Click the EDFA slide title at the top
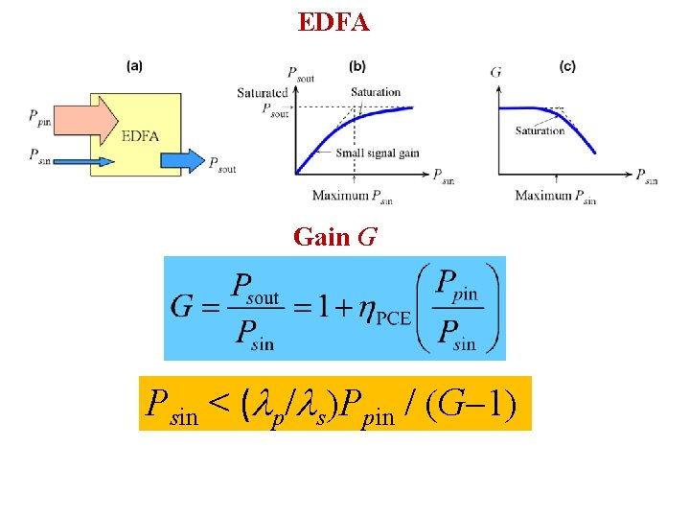click(333, 21)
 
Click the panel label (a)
click(135, 66)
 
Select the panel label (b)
click(356, 66)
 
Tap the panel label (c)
click(567, 66)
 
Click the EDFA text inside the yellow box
click(140, 136)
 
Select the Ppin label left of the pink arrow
click(41, 118)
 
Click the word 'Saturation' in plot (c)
click(540, 130)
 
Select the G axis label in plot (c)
click(495, 72)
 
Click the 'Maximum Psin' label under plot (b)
click(352, 197)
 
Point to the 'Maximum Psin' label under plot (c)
click(555, 197)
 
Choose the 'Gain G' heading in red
click(333, 236)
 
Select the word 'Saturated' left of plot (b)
click(263, 93)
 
